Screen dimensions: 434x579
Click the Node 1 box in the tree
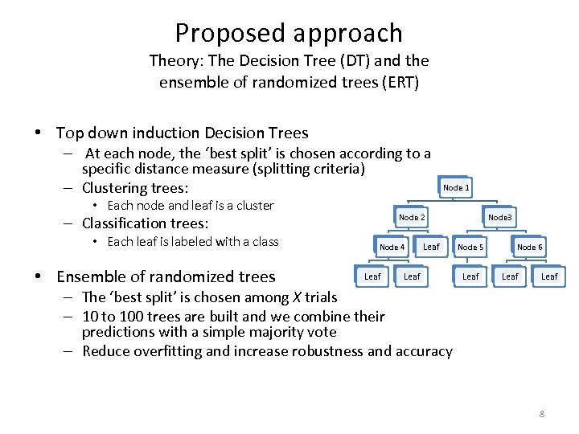[456, 187]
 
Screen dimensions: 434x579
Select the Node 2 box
[412, 217]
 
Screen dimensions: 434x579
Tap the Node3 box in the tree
[500, 217]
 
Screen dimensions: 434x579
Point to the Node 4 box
[392, 247]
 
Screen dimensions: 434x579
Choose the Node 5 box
[470, 247]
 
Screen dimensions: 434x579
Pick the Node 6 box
[529, 247]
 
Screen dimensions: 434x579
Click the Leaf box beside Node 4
[431, 247]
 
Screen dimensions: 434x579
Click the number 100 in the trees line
[129, 316]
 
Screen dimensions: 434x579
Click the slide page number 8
[542, 414]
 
